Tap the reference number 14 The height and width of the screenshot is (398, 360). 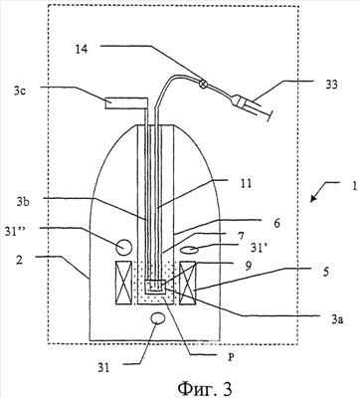click(82, 50)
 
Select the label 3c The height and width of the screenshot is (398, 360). click(20, 92)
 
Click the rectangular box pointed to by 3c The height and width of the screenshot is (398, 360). click(125, 103)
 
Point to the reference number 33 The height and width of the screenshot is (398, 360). click(331, 85)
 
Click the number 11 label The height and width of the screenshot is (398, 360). click(246, 184)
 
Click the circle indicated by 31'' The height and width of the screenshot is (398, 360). click(124, 247)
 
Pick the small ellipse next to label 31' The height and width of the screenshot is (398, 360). click(189, 250)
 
